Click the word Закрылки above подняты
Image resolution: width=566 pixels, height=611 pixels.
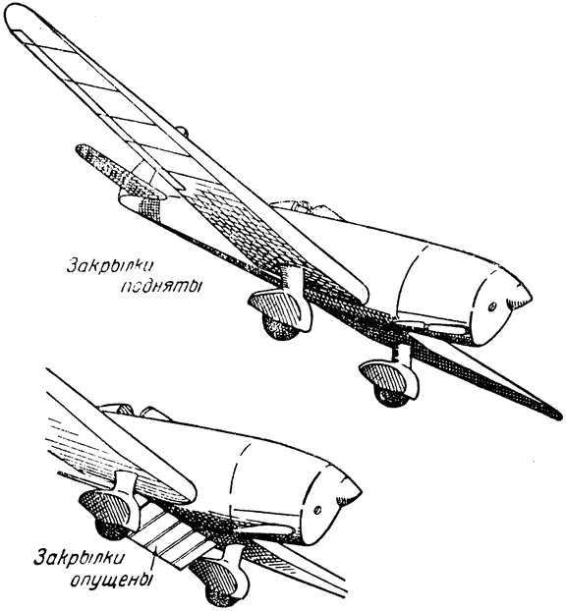pos(110,266)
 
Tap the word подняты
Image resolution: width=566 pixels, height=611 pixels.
pos(161,287)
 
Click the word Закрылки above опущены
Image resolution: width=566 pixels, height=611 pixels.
pos(80,557)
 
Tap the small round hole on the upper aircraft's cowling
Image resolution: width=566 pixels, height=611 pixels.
pos(492,307)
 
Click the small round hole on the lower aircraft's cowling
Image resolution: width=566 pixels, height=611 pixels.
pos(318,509)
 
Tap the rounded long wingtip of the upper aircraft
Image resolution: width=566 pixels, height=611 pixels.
pos(20,18)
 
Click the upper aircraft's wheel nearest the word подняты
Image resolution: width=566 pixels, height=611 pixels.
pos(281,327)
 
